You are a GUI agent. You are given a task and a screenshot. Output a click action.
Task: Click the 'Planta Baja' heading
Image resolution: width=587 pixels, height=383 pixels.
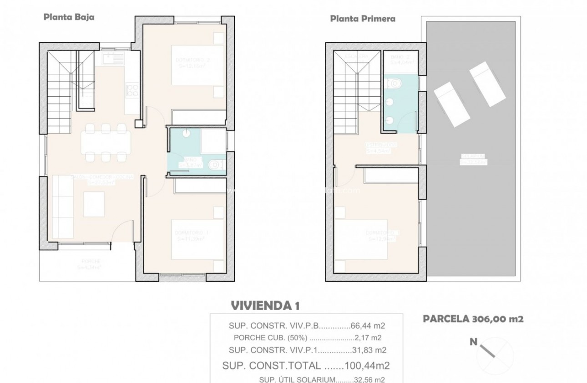pos(69,18)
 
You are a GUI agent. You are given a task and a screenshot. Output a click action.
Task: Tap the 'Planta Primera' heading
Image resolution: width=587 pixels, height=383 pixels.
pos(362,19)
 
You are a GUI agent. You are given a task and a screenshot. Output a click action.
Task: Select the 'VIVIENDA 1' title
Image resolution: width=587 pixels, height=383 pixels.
pos(265,305)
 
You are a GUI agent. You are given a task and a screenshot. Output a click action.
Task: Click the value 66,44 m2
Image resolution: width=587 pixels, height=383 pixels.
pos(368,326)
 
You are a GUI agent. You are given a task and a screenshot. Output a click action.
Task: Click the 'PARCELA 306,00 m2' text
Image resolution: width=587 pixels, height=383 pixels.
pos(473,319)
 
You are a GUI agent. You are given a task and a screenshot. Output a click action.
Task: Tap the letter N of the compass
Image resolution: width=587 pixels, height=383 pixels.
pos(474,342)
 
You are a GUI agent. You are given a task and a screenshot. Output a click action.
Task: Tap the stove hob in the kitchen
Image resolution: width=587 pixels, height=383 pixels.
pos(132,89)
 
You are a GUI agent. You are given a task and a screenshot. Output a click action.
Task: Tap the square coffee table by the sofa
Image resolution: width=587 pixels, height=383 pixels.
pos(93,203)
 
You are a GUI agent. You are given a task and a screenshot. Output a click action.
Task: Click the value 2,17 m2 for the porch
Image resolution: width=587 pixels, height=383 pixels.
pos(368,338)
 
